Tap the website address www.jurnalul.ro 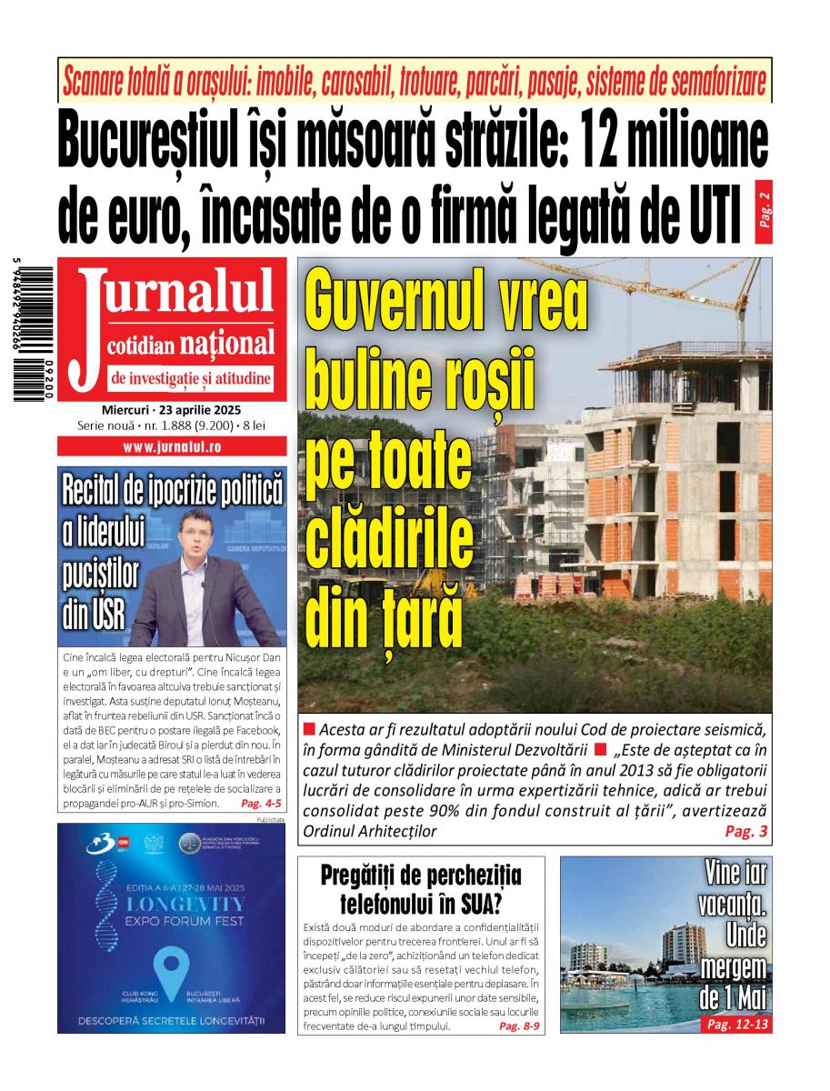pos(172,446)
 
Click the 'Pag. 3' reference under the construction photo pos(746,832)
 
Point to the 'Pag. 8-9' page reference pos(519,1026)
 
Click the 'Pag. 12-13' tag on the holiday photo pos(737,1024)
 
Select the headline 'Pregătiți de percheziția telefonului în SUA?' pos(421,890)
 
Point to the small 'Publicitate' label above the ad pos(271,820)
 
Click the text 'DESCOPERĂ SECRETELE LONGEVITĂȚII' pos(171,1020)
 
